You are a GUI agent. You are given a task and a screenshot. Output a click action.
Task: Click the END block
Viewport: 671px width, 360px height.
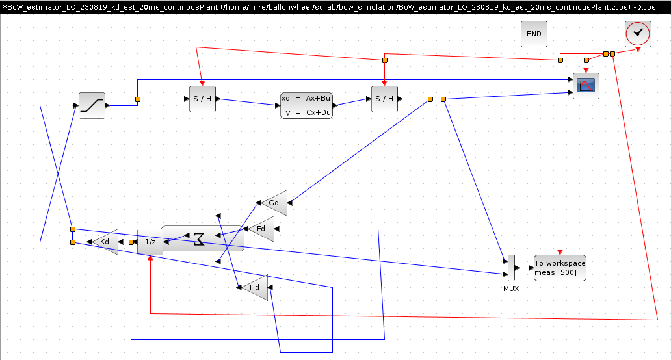534,34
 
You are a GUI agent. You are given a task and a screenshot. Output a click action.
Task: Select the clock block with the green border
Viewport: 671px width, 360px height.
638,34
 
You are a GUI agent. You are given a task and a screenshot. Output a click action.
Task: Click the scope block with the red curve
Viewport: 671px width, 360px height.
586,86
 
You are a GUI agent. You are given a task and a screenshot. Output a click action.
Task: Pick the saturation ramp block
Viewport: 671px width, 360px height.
92,106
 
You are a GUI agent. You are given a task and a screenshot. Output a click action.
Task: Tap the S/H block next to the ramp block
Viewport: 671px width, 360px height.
202,99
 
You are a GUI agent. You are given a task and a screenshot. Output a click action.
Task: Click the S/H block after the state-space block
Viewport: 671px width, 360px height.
384,99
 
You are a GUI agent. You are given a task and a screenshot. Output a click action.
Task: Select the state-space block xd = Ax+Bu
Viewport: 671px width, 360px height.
306,106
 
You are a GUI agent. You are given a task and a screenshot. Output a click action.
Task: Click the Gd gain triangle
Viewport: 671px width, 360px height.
274,203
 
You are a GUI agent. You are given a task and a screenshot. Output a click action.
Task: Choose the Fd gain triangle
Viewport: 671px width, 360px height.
261,229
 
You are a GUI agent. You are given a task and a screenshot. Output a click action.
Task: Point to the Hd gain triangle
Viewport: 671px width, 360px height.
255,287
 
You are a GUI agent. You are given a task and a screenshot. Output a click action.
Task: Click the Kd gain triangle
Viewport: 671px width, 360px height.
105,242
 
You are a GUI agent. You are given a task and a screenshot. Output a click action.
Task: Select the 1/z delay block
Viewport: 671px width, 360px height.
150,242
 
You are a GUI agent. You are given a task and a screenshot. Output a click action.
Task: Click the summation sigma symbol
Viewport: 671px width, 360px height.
199,238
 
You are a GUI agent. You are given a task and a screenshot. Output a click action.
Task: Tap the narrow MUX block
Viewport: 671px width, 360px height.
512,268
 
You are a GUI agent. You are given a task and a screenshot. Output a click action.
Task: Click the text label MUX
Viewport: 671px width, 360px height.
511,289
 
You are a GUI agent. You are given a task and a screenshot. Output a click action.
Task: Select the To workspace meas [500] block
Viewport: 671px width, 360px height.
560,268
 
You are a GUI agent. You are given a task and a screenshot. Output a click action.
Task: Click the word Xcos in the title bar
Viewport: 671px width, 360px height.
646,7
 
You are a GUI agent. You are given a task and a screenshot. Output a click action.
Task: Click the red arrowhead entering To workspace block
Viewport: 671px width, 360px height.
560,252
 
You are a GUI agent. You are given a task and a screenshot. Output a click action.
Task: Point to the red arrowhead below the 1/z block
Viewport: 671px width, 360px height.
150,258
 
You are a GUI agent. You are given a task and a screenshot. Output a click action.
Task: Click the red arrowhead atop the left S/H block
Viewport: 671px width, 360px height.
202,83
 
